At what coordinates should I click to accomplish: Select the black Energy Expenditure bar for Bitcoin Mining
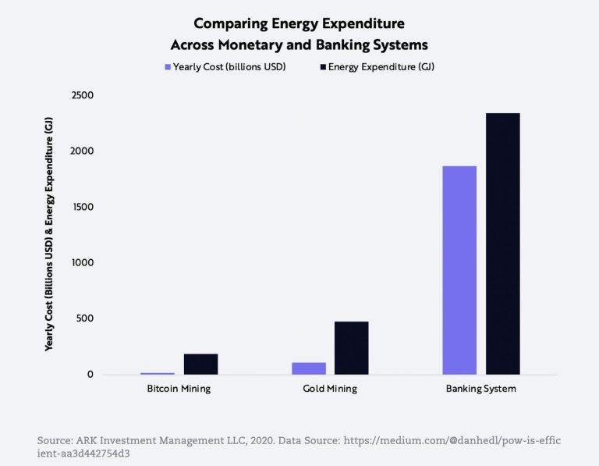tap(200, 365)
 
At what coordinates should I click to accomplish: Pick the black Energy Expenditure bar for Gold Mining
tap(351, 348)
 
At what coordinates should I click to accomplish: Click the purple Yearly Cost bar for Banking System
tap(459, 270)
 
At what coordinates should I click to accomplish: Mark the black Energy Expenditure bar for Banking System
tap(503, 244)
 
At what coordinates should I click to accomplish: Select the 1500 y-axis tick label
tap(80, 207)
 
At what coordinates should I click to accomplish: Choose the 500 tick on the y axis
tap(82, 318)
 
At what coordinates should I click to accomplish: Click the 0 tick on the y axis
tap(90, 375)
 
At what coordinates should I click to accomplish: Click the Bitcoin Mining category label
tap(179, 389)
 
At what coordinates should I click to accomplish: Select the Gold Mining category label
tap(329, 389)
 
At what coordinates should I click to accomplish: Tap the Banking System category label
tap(480, 389)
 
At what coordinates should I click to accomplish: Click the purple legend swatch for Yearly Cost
tap(167, 68)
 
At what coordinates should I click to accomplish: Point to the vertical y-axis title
tap(48, 234)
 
